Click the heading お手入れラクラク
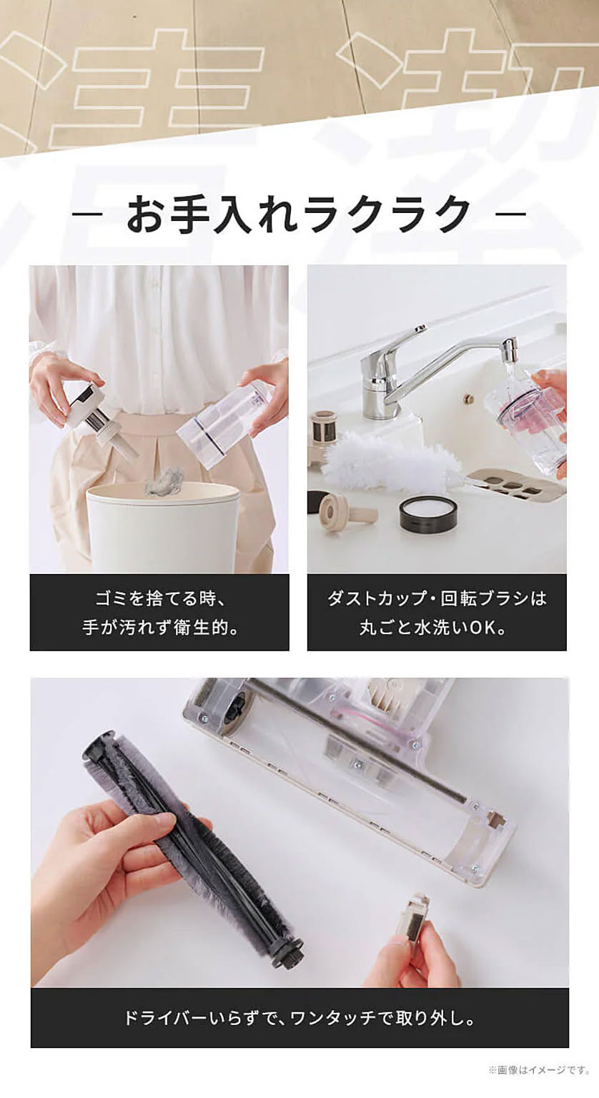(299, 213)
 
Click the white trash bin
(162, 529)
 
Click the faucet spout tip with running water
(508, 350)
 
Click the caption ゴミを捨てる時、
(159, 598)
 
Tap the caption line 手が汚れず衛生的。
(159, 628)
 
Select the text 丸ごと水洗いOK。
(437, 628)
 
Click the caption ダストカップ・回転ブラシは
(437, 598)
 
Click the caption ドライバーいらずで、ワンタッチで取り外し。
(299, 1018)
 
